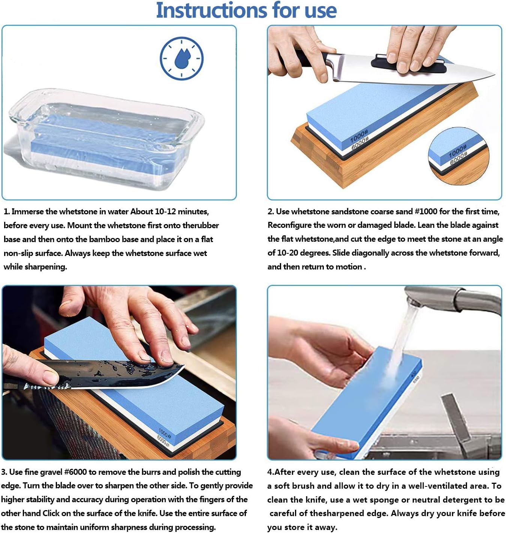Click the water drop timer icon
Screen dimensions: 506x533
coord(181,59)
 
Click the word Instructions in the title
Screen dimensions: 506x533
coord(212,10)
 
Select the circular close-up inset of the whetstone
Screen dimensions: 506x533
coord(459,156)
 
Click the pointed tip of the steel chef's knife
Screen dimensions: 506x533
coord(495,74)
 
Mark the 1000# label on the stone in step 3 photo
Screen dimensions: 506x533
coord(165,433)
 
